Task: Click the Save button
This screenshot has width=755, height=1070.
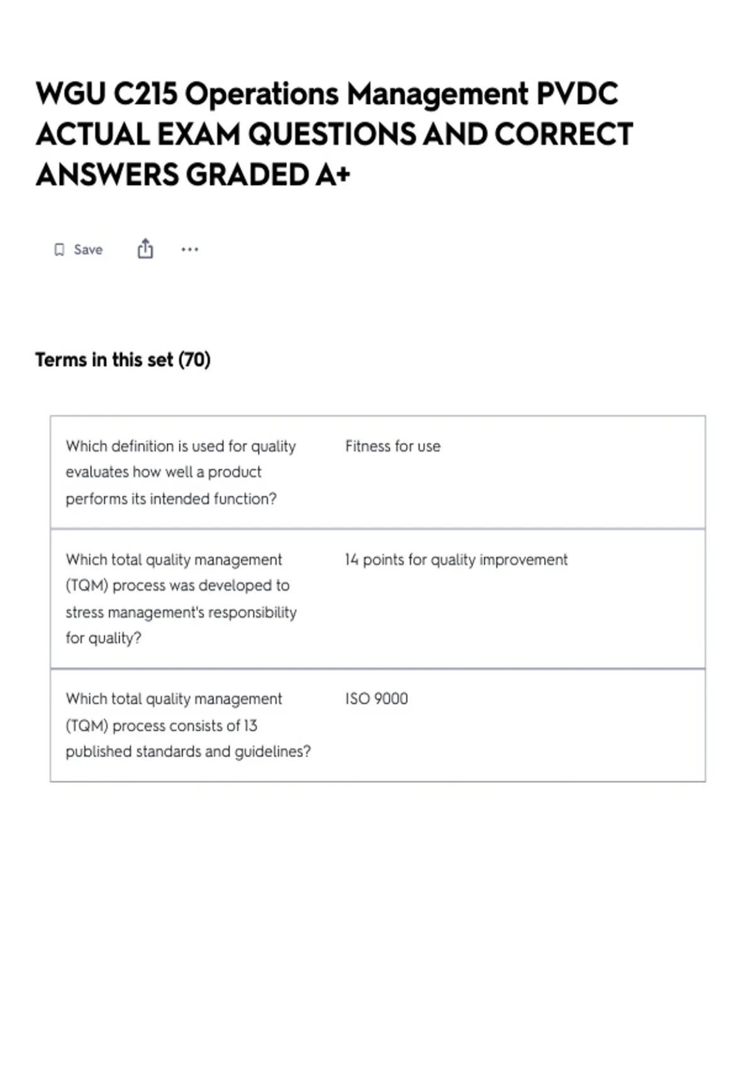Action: click(79, 250)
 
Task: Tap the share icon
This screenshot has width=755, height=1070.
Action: click(145, 249)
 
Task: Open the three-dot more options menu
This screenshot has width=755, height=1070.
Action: click(189, 250)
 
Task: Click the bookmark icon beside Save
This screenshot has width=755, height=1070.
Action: click(59, 250)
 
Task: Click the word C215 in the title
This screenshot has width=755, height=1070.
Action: click(145, 94)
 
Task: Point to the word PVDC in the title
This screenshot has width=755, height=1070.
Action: click(577, 94)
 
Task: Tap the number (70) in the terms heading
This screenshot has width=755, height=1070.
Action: click(194, 360)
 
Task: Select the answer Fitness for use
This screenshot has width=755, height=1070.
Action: click(393, 446)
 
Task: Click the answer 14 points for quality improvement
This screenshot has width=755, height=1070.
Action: click(456, 560)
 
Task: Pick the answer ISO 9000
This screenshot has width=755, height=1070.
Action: click(376, 699)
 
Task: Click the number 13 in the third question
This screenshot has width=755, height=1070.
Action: click(250, 726)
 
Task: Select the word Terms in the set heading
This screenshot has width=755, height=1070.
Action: click(61, 360)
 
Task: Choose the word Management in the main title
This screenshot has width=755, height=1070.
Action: click(437, 94)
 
